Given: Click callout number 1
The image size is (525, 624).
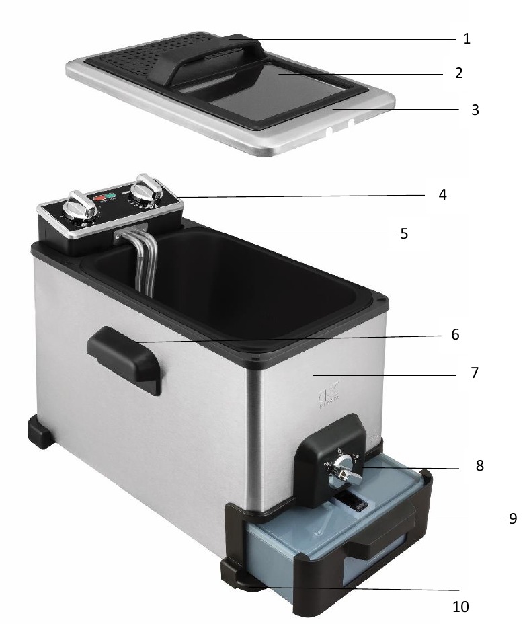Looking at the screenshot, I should click(467, 39).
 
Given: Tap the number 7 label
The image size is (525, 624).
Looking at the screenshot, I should click(475, 372).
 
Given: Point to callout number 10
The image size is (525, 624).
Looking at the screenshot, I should click(460, 606).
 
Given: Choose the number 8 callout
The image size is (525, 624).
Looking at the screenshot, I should click(479, 465).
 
